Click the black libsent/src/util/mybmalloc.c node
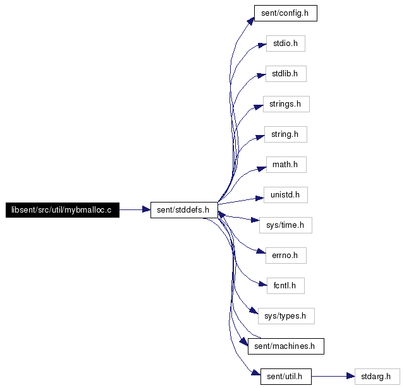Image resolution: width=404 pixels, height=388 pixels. (63, 210)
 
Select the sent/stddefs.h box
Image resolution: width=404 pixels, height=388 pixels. (184, 210)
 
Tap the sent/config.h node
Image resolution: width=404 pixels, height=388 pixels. (286, 13)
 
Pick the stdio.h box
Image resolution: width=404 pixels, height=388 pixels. (286, 44)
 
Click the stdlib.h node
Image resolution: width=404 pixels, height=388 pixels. (286, 74)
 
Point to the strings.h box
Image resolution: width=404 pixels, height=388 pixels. (286, 104)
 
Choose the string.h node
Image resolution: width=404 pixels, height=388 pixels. (286, 134)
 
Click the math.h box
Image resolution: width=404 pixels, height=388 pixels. (286, 165)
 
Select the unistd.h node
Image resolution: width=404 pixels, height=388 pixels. (286, 195)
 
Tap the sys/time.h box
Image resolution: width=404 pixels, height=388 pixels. (286, 225)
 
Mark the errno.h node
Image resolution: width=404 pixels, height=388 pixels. (286, 256)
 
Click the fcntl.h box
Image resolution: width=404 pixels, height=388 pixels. (286, 286)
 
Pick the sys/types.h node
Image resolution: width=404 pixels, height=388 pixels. (286, 316)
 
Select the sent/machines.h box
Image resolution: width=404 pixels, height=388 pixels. (286, 346)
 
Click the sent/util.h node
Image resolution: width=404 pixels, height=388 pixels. (286, 377)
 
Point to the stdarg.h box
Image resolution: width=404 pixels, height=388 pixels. (377, 377)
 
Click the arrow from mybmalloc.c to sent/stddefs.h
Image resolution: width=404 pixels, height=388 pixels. (135, 210)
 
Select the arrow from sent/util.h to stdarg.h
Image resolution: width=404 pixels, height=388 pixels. (333, 377)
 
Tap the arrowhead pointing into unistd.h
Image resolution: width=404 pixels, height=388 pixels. (260, 198)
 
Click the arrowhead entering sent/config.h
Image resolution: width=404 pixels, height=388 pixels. (251, 21)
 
